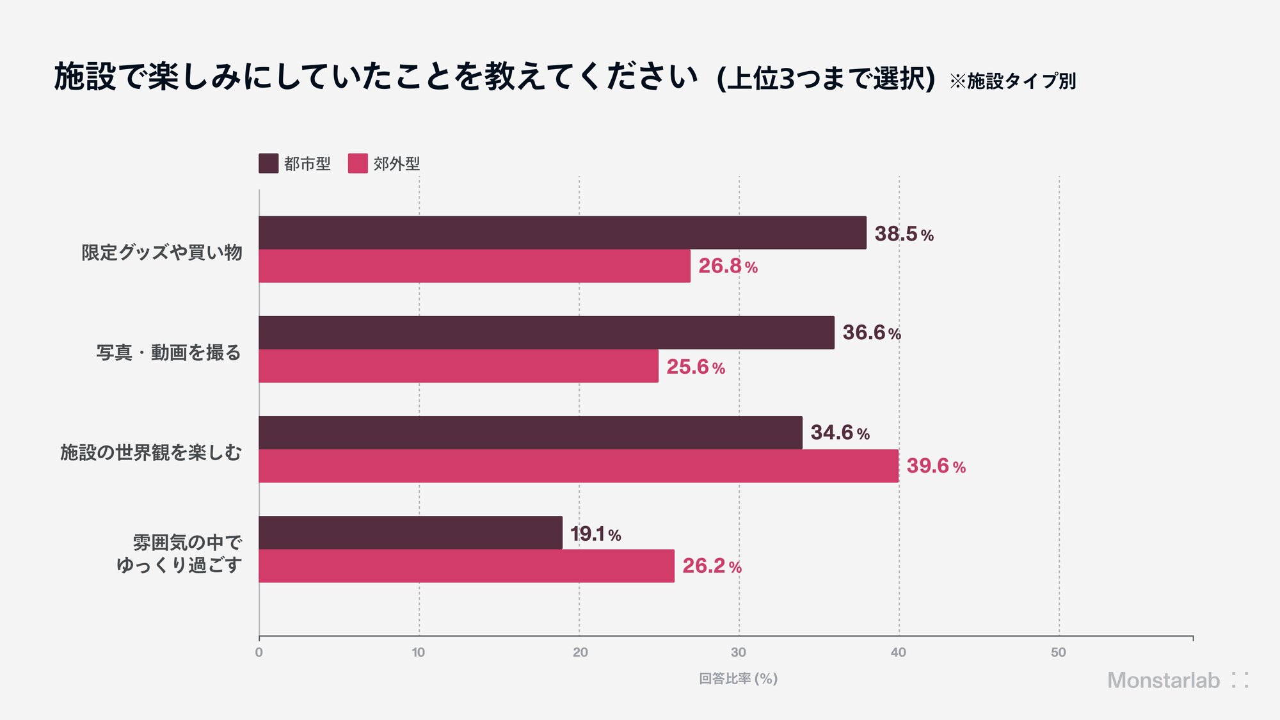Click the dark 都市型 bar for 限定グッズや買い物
click(x=563, y=233)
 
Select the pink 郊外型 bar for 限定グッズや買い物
click(x=475, y=266)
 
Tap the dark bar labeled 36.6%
click(x=547, y=333)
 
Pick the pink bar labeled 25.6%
click(x=459, y=366)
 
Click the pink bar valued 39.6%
click(x=579, y=466)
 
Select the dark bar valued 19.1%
click(x=411, y=532)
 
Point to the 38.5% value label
click(x=904, y=234)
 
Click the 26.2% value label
click(x=712, y=566)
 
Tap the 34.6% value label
click(x=840, y=433)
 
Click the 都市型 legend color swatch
click(x=269, y=163)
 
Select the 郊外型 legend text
click(x=397, y=164)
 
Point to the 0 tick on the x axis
click(x=259, y=652)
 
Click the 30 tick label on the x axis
click(x=739, y=652)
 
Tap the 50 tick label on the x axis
click(x=1059, y=652)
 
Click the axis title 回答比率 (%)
click(x=738, y=678)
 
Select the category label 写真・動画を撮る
click(x=169, y=353)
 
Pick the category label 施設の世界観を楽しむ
click(x=151, y=452)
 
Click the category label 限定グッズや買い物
click(x=162, y=253)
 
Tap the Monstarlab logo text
click(x=1164, y=680)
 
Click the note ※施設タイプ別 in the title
click(x=1012, y=81)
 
